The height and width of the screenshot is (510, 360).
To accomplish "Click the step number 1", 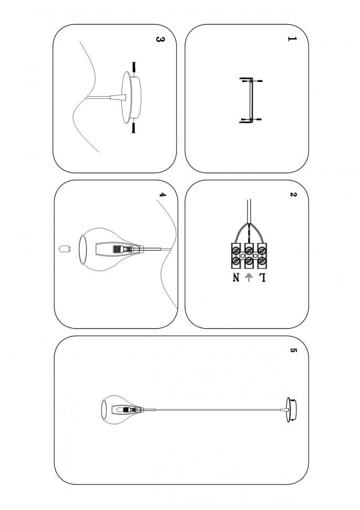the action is (292, 39).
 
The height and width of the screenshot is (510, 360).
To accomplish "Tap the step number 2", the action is (293, 195).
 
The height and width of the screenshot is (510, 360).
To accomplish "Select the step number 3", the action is (160, 39).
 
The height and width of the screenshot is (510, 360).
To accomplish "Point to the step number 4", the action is (162, 195).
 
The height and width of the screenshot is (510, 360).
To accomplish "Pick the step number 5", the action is (293, 350).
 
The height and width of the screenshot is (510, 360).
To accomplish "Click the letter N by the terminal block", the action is (236, 278).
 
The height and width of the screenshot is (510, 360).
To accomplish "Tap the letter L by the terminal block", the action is (262, 278).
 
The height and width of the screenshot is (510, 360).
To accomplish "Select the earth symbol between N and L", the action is (249, 277).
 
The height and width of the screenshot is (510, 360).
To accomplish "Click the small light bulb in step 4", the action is (65, 249).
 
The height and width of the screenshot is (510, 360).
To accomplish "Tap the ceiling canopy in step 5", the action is (292, 410).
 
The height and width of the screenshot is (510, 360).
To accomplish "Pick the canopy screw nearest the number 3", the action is (133, 68).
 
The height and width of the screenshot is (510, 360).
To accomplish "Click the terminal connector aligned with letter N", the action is (236, 256).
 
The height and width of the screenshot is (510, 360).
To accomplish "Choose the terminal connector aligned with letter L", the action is (262, 256).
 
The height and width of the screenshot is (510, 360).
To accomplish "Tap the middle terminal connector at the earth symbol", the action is (249, 256).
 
